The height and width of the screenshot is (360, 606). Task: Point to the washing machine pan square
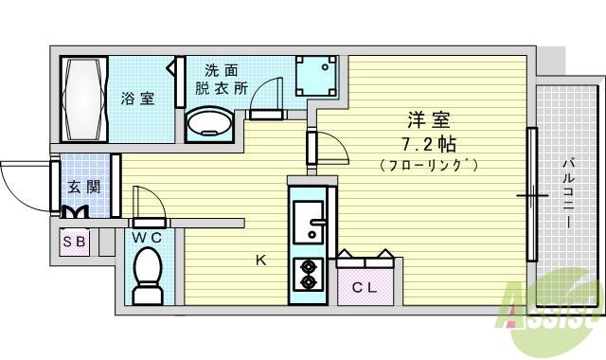315,75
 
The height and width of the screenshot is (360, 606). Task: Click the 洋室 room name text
428,121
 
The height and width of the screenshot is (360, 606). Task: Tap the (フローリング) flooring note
430,165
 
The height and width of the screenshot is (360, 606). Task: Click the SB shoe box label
74,241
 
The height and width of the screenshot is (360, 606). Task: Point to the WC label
147,237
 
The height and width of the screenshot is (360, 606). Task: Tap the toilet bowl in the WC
147,276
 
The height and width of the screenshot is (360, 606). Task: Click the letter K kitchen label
259,258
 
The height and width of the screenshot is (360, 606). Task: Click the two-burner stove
309,273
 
